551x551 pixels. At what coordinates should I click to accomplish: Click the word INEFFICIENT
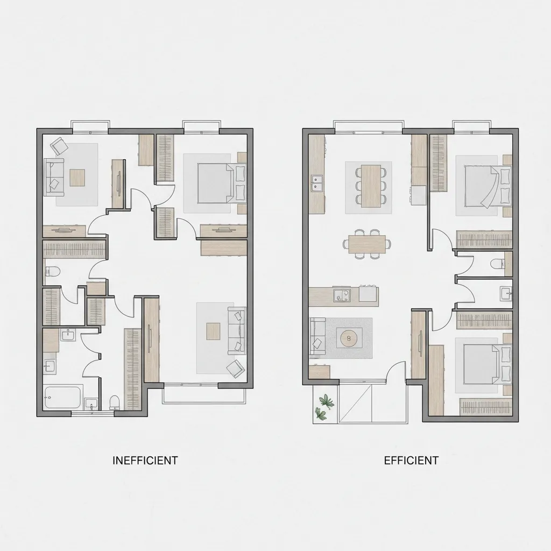pyautogui.click(x=145, y=461)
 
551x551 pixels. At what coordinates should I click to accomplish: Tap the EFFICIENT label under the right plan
pyautogui.click(x=411, y=461)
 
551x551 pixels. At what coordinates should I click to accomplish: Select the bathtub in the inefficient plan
pyautogui.click(x=63, y=398)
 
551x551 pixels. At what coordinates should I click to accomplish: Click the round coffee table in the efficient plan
pyautogui.click(x=349, y=338)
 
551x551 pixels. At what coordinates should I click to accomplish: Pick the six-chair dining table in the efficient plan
pyautogui.click(x=371, y=186)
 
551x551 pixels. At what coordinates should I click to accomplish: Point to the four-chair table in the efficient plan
pyautogui.click(x=367, y=244)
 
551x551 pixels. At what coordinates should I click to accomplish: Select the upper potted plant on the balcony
pyautogui.click(x=327, y=401)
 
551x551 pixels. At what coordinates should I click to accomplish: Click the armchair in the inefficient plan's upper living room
pyautogui.click(x=60, y=145)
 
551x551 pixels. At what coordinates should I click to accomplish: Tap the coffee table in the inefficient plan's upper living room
pyautogui.click(x=77, y=178)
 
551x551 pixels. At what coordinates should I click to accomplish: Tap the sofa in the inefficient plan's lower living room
pyautogui.click(x=237, y=330)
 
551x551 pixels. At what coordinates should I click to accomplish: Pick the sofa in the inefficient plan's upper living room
pyautogui.click(x=54, y=177)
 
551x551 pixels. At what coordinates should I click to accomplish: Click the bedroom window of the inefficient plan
pyautogui.click(x=201, y=126)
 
